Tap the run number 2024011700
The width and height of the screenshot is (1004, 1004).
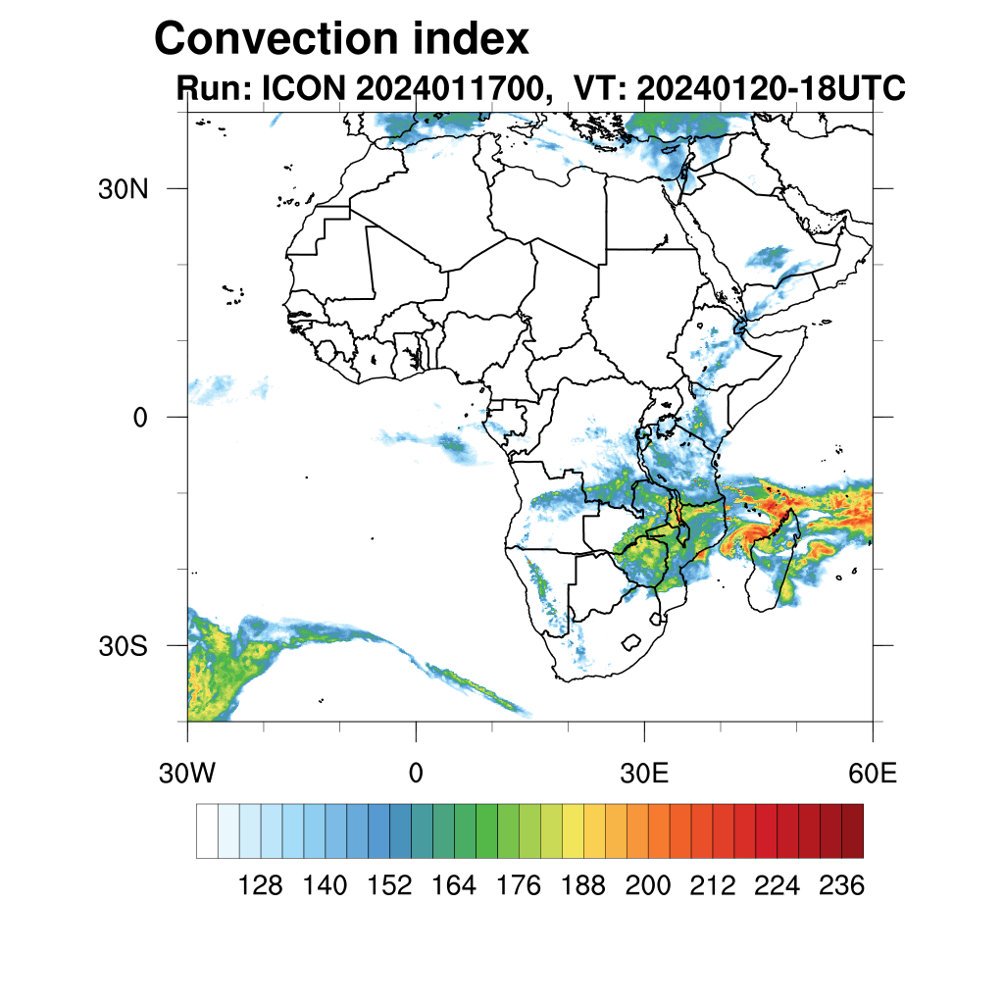(451, 89)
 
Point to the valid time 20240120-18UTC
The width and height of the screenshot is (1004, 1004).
(771, 89)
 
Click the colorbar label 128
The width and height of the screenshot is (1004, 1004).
(261, 886)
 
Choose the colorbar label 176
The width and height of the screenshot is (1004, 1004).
(519, 886)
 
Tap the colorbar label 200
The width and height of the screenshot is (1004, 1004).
(648, 886)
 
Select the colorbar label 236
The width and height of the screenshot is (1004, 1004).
(841, 886)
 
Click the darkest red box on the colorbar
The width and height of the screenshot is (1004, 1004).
(852, 830)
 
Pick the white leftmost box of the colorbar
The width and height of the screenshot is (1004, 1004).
(207, 830)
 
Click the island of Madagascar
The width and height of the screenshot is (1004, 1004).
(775, 569)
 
